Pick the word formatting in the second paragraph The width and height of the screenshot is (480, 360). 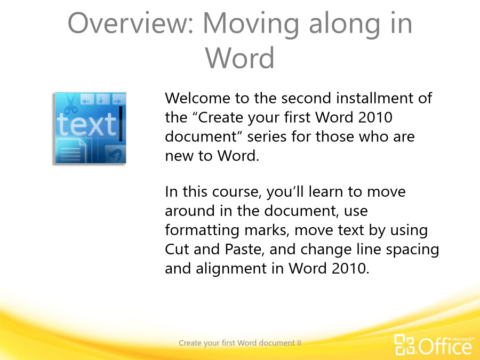[202, 230]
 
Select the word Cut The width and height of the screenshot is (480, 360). [177, 249]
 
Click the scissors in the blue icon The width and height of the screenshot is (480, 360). [71, 104]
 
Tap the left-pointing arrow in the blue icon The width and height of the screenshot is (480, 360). [87, 100]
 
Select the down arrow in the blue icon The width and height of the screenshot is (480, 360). [102, 99]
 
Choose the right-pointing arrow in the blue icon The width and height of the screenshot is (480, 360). [117, 100]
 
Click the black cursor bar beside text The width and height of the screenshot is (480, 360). [121, 124]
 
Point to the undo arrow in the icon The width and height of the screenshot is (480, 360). [116, 155]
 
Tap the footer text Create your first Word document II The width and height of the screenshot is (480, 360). [240, 343]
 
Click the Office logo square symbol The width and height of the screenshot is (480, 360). [404, 344]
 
